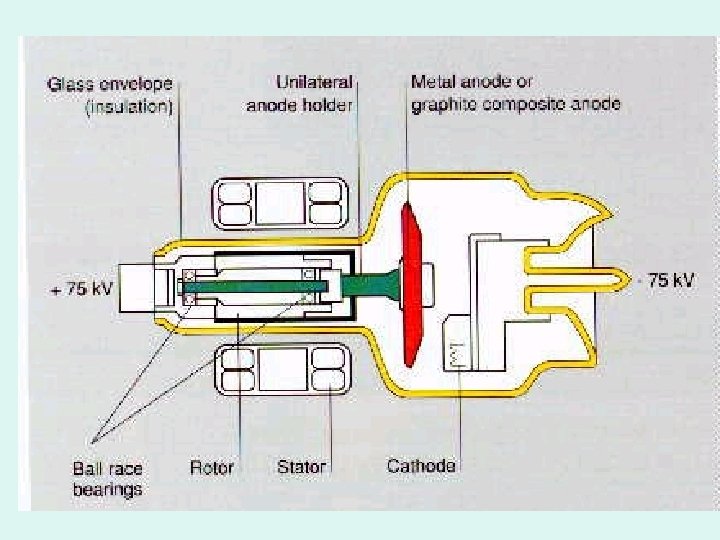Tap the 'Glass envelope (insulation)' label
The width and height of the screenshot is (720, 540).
click(x=110, y=94)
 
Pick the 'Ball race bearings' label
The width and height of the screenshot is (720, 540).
click(x=107, y=478)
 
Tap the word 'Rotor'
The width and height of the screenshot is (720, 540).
click(x=212, y=467)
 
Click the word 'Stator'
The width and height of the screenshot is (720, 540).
click(x=301, y=467)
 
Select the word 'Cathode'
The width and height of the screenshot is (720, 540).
click(x=421, y=466)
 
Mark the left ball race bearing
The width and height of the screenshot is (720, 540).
click(x=187, y=287)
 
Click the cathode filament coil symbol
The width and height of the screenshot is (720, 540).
click(x=454, y=353)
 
